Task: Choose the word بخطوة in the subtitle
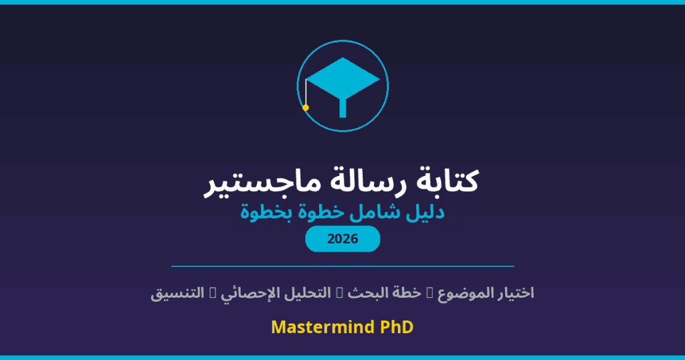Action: (268, 213)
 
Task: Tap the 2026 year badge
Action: (342, 239)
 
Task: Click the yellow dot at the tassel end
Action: (306, 107)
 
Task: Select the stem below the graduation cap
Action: (342, 107)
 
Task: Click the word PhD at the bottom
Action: (396, 328)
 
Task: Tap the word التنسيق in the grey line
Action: (177, 293)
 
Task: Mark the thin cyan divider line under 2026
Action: (342, 266)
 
